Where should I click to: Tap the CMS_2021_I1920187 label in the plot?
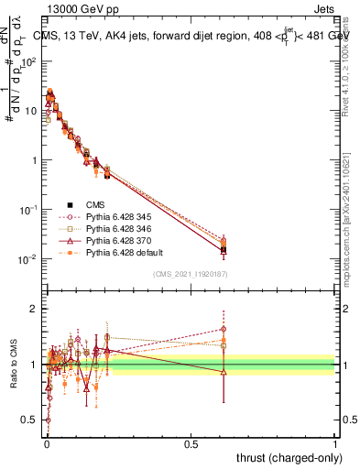point(191,274)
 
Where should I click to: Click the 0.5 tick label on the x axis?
point(191,443)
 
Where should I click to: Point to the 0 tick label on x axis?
point(47,443)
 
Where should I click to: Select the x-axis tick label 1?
point(335,443)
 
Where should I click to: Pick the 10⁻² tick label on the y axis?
point(29,259)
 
